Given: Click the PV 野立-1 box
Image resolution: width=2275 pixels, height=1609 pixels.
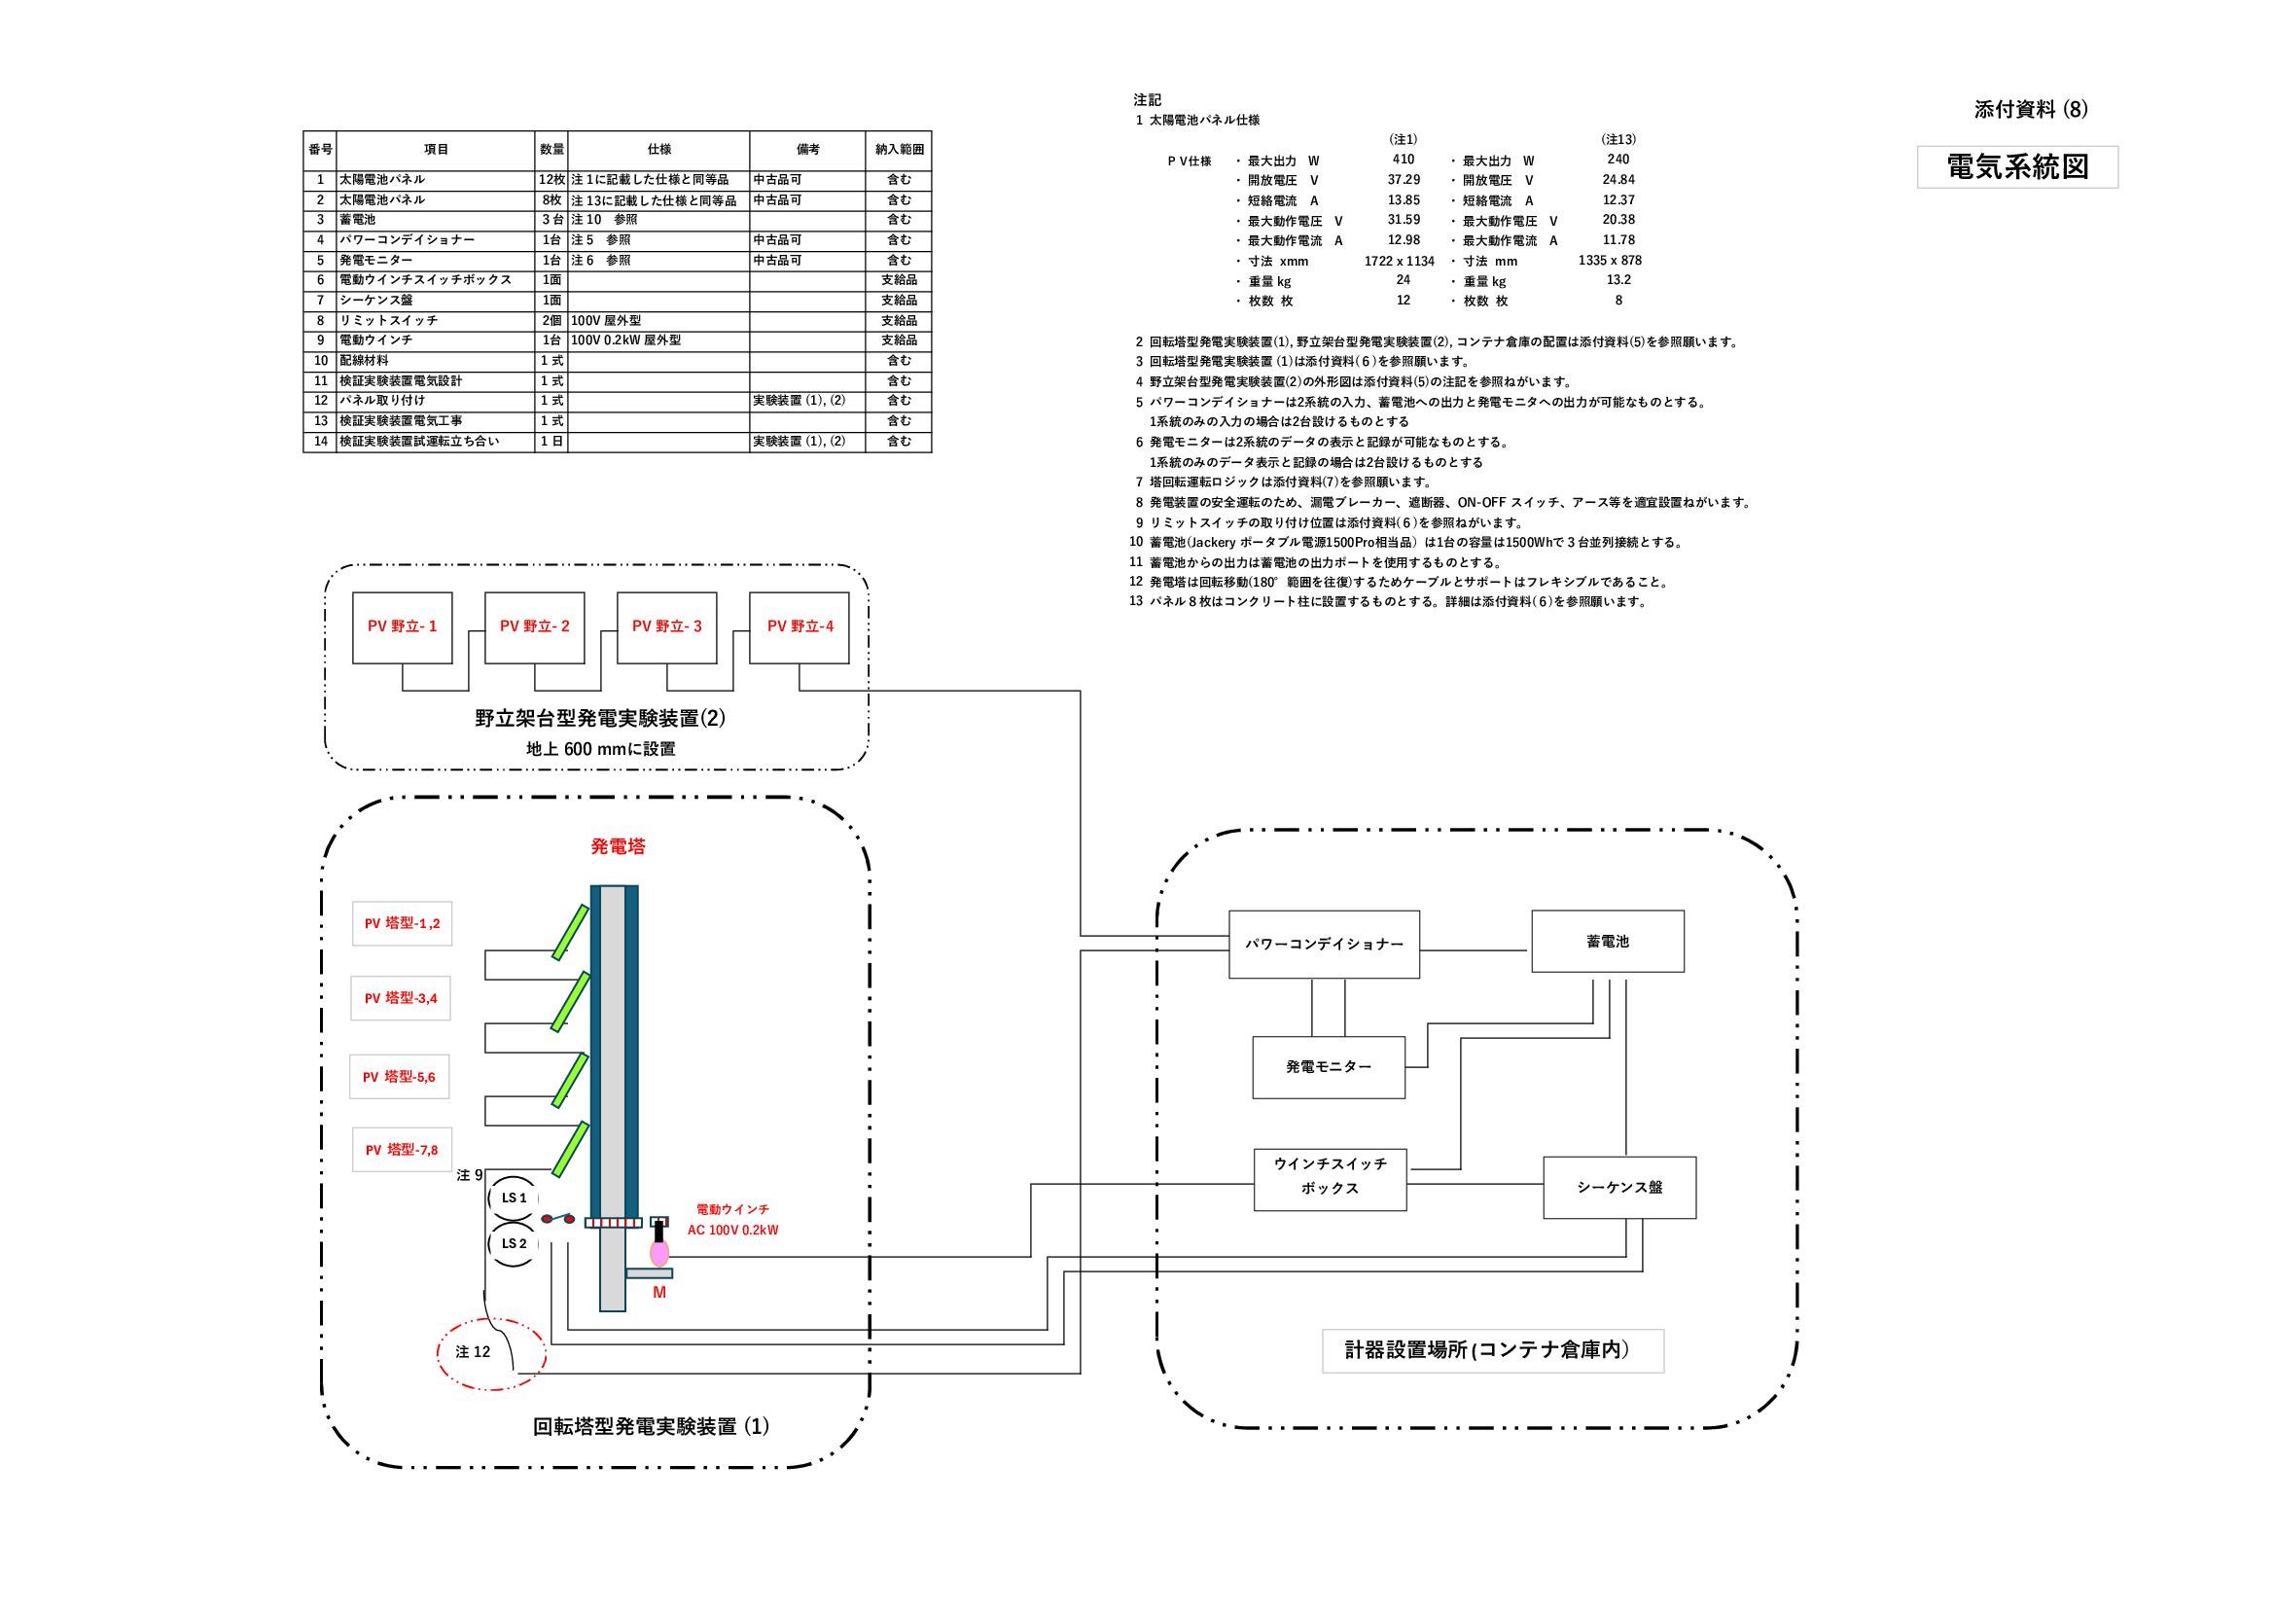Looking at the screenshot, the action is click(x=403, y=627).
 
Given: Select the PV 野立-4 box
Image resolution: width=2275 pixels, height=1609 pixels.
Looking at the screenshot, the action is click(x=800, y=627).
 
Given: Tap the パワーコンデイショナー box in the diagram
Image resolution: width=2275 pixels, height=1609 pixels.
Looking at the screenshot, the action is click(x=1324, y=945).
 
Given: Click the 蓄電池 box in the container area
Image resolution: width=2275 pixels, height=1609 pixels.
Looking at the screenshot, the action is click(x=1607, y=942).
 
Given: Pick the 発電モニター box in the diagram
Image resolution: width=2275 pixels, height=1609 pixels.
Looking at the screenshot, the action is click(x=1329, y=1067).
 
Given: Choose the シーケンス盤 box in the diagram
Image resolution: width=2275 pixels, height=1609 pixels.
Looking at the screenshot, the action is click(x=1619, y=1187).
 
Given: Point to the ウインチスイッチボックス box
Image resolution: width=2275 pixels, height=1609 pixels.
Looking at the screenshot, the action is click(x=1330, y=1179).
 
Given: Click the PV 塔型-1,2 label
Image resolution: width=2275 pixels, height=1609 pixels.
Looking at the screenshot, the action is click(x=402, y=923).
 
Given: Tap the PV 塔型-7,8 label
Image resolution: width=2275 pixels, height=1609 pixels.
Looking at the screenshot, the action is click(x=402, y=1150).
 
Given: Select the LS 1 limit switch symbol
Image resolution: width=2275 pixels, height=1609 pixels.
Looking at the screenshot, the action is click(x=514, y=1198).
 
